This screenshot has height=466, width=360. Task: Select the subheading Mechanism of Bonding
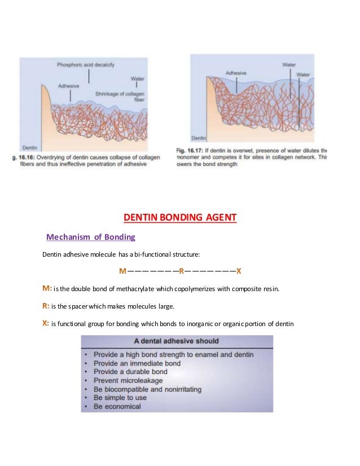point(90,236)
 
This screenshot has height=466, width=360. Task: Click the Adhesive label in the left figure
point(68,86)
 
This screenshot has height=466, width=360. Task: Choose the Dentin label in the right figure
point(199,138)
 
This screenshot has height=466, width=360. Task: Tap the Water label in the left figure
point(137,78)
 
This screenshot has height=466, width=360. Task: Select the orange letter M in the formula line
point(122,271)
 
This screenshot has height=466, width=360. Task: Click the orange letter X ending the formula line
point(239,271)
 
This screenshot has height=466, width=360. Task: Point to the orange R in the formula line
point(181,271)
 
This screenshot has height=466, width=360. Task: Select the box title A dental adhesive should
point(176,341)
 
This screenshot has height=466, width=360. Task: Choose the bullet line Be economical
point(117,406)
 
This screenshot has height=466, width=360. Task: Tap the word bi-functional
point(137,254)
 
